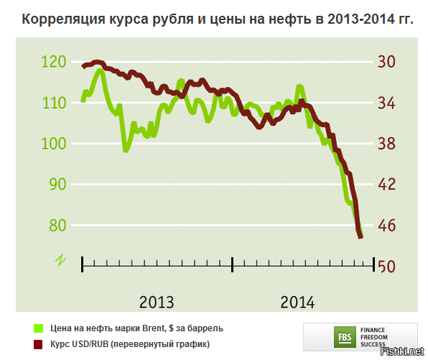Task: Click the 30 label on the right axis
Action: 386,63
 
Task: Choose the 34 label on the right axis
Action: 386,103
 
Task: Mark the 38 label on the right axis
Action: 386,144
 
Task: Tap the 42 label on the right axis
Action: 386,185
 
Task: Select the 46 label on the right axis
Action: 386,225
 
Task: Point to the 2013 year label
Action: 157,302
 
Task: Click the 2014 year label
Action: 297,302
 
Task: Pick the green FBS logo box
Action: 344,335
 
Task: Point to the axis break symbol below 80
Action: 59,259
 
